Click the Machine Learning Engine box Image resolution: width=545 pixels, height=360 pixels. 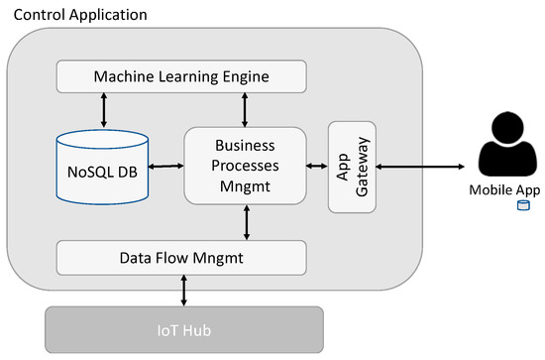[180, 75]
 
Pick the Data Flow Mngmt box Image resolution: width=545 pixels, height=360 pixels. [180, 257]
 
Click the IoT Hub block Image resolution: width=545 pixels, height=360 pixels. [184, 329]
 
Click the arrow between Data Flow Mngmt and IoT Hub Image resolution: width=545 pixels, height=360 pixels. [184, 290]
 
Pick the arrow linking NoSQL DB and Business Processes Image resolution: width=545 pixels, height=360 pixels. [165, 167]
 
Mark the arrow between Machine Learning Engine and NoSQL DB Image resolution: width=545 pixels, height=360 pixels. [104, 105]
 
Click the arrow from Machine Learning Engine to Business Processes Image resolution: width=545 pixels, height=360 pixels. [244, 107]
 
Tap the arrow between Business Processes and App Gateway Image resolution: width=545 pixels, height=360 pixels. [317, 167]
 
